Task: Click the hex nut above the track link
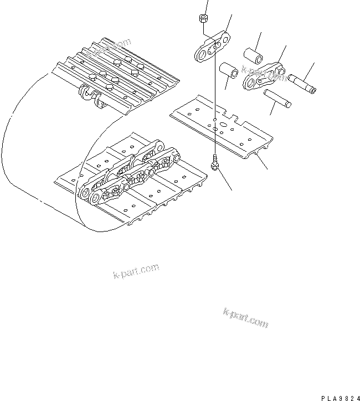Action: click(203, 20)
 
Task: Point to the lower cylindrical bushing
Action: click(228, 71)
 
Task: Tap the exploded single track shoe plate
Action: click(222, 127)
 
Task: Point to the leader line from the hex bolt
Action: click(226, 180)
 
